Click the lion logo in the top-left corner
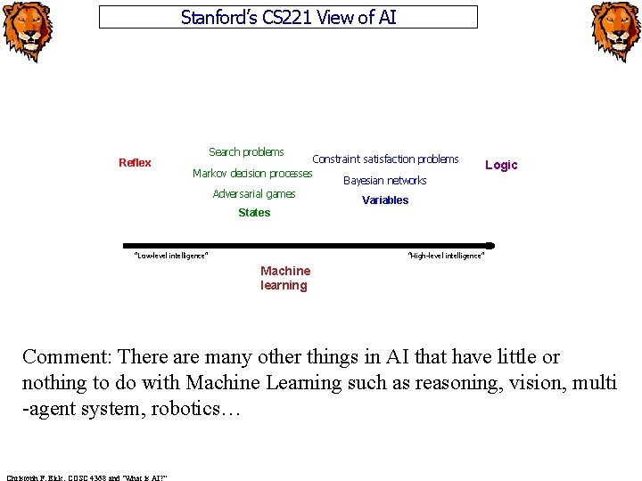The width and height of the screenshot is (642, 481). pos(27,32)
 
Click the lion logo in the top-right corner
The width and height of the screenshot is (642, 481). pos(615,32)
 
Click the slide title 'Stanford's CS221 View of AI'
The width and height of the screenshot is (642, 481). pos(288,17)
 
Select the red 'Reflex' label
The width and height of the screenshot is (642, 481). pos(135,163)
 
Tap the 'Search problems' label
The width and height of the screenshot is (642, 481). pos(246,152)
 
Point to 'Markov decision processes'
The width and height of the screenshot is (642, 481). pos(252,173)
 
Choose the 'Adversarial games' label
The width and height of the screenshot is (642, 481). pos(254,194)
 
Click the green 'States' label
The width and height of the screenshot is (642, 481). pos(254,213)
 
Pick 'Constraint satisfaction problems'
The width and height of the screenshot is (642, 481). pos(385,159)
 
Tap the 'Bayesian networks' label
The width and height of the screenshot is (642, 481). pos(385,181)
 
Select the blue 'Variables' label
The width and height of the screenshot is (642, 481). pos(385,200)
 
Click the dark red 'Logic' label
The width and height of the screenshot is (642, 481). pos(501,165)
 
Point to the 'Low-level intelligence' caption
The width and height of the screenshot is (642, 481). pos(170,257)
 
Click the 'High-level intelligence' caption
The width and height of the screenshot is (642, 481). pos(446,257)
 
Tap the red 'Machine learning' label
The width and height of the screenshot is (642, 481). pos(285,278)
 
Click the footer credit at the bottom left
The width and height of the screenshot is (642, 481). pos(86,476)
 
